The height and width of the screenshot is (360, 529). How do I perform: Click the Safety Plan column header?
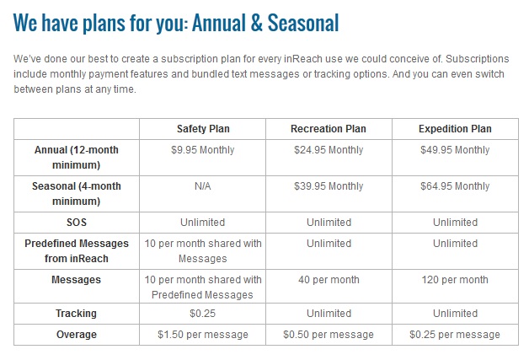203,129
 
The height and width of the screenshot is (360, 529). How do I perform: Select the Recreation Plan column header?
329,129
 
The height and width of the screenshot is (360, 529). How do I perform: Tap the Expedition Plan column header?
455,129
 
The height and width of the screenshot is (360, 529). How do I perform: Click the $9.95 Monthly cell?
202,149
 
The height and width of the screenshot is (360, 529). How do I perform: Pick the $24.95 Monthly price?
329,149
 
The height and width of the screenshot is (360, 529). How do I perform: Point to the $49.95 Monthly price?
455,149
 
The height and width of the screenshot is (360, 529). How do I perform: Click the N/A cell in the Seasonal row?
202,186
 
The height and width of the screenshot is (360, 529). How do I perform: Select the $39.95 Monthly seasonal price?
329,186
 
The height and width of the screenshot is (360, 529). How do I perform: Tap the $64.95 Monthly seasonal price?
455,186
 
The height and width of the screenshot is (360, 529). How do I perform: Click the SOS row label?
77,223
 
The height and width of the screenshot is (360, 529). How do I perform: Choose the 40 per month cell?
329,280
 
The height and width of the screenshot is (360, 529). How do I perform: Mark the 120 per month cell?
455,280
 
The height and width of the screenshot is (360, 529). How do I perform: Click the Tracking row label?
77,314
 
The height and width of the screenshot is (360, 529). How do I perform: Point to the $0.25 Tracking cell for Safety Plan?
202,314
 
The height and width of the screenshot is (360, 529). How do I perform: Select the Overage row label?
77,335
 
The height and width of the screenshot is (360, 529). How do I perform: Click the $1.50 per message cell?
203,335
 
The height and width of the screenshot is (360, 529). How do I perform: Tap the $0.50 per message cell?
329,335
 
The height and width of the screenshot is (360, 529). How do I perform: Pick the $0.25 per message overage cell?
455,335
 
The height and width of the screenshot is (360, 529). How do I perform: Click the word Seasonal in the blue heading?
303,23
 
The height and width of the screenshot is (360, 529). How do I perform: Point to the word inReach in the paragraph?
303,59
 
